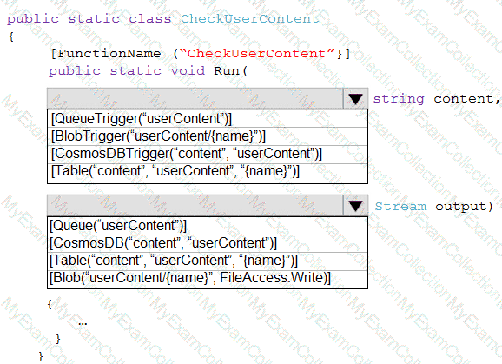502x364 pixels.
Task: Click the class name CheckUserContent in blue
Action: (x=250, y=18)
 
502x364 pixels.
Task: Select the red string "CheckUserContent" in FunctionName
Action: (x=257, y=53)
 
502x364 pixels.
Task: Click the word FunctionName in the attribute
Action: (x=109, y=53)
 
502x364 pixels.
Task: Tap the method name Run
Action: (x=227, y=70)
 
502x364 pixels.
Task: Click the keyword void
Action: (x=188, y=70)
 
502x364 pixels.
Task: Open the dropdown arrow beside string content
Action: (x=355, y=99)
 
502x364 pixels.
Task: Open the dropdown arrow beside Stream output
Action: (x=355, y=206)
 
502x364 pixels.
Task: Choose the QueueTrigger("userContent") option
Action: (x=142, y=119)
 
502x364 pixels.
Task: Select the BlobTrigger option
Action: (x=158, y=136)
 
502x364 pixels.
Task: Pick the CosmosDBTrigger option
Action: (x=187, y=154)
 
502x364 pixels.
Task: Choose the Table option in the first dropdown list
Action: (x=175, y=170)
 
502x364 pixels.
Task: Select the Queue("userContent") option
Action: (x=118, y=226)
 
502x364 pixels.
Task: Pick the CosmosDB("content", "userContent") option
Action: (x=163, y=243)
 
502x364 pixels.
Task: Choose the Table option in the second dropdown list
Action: (x=174, y=261)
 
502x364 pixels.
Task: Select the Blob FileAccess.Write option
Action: (x=190, y=278)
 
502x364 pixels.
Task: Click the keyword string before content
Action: (x=399, y=99)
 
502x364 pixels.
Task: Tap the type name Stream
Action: (x=400, y=206)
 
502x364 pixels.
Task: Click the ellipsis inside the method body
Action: (x=83, y=324)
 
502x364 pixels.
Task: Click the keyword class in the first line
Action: (x=150, y=18)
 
